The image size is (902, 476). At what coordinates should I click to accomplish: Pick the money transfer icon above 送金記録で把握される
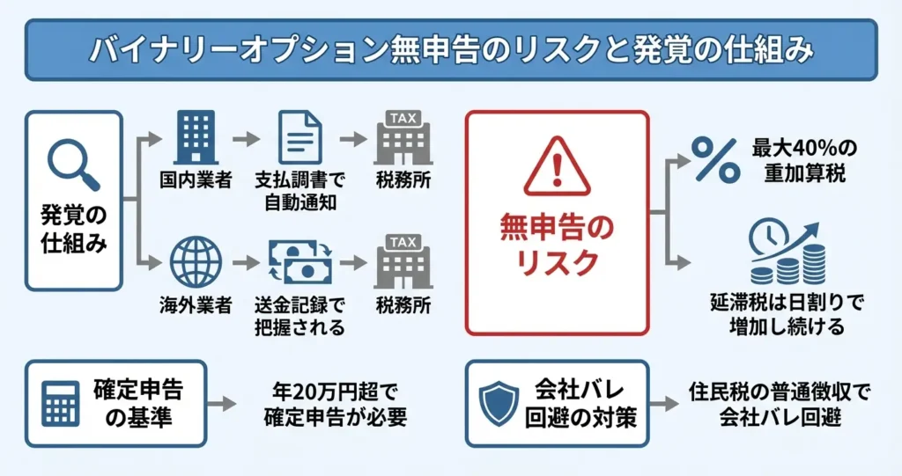click(299, 262)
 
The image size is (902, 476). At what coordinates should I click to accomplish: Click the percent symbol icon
click(713, 157)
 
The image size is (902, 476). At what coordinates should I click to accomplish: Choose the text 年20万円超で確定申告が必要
click(336, 403)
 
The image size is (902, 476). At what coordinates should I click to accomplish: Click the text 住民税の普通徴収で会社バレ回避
click(778, 403)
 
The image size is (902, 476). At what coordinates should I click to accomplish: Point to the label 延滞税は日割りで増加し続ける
click(787, 313)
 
